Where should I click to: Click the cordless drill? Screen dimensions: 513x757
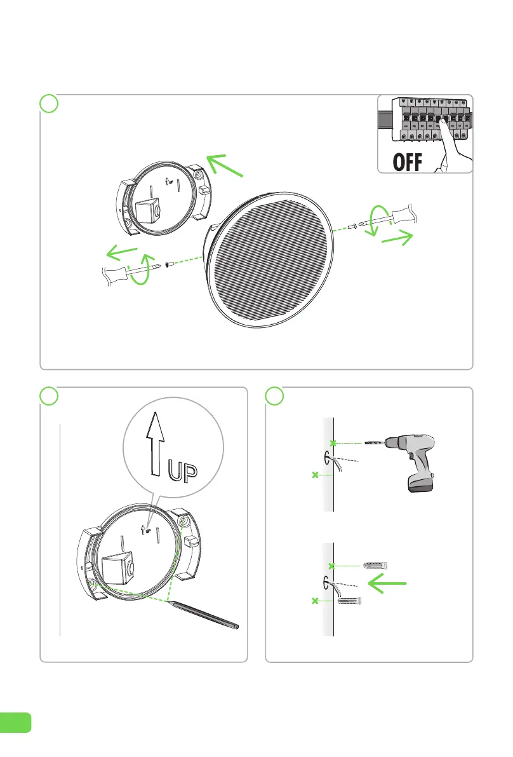419,458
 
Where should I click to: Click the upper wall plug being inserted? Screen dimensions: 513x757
375,565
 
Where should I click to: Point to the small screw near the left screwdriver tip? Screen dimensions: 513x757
169,264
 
